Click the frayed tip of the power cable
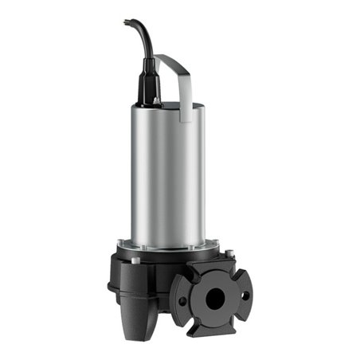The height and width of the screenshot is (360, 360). coord(126,22)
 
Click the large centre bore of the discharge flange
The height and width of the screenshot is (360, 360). coord(214,295)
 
